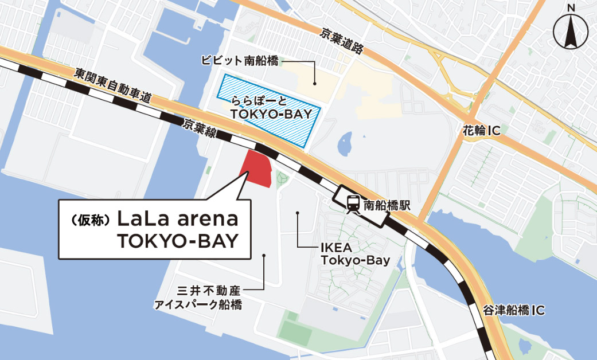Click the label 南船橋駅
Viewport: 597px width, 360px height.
tap(389, 204)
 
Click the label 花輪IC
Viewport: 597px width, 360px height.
tap(480, 131)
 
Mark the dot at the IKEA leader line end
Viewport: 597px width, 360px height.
tap(298, 213)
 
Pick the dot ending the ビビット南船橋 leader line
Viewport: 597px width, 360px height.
tap(315, 83)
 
